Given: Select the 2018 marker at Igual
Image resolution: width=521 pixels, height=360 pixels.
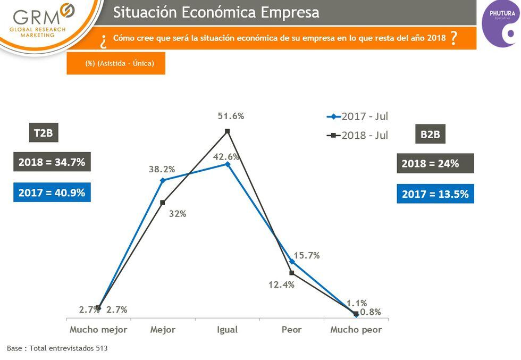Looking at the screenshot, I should pyautogui.click(x=227, y=131).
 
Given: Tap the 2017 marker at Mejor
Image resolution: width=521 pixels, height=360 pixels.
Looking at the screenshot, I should pyautogui.click(x=162, y=180).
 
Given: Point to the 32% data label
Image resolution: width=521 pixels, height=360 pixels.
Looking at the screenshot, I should pyautogui.click(x=178, y=214).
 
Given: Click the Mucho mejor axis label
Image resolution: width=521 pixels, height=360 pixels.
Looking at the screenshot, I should pyautogui.click(x=98, y=330).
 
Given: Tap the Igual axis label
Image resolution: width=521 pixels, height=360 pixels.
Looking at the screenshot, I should pyautogui.click(x=227, y=330).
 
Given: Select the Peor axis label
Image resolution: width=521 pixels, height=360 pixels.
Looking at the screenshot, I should pyautogui.click(x=291, y=330).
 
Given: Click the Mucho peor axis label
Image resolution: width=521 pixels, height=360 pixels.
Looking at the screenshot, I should pyautogui.click(x=356, y=330).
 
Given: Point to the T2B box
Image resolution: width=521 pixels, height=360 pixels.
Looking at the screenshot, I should pyautogui.click(x=44, y=133).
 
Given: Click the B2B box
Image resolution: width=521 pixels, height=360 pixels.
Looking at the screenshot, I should pyautogui.click(x=430, y=135).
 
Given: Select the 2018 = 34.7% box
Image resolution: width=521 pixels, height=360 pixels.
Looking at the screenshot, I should pyautogui.click(x=52, y=162).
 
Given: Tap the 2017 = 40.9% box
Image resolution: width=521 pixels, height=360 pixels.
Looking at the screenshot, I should pyautogui.click(x=52, y=192).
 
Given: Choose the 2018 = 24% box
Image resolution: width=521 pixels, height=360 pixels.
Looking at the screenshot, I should pyautogui.click(x=435, y=163).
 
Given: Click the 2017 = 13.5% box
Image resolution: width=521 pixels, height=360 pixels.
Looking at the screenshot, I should pyautogui.click(x=435, y=194).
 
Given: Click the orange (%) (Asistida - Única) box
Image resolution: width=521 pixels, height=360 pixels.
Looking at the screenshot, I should pyautogui.click(x=116, y=63).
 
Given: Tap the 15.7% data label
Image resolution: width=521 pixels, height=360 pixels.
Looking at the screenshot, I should pyautogui.click(x=307, y=256).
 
